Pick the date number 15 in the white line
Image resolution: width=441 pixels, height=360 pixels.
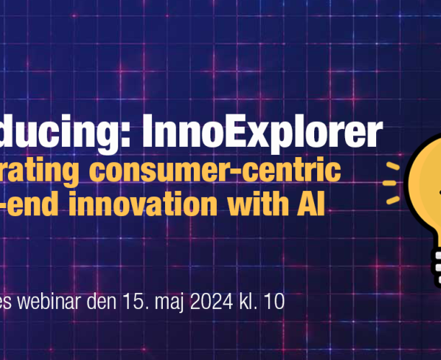[141, 303]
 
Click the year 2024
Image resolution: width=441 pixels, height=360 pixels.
[219, 303]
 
